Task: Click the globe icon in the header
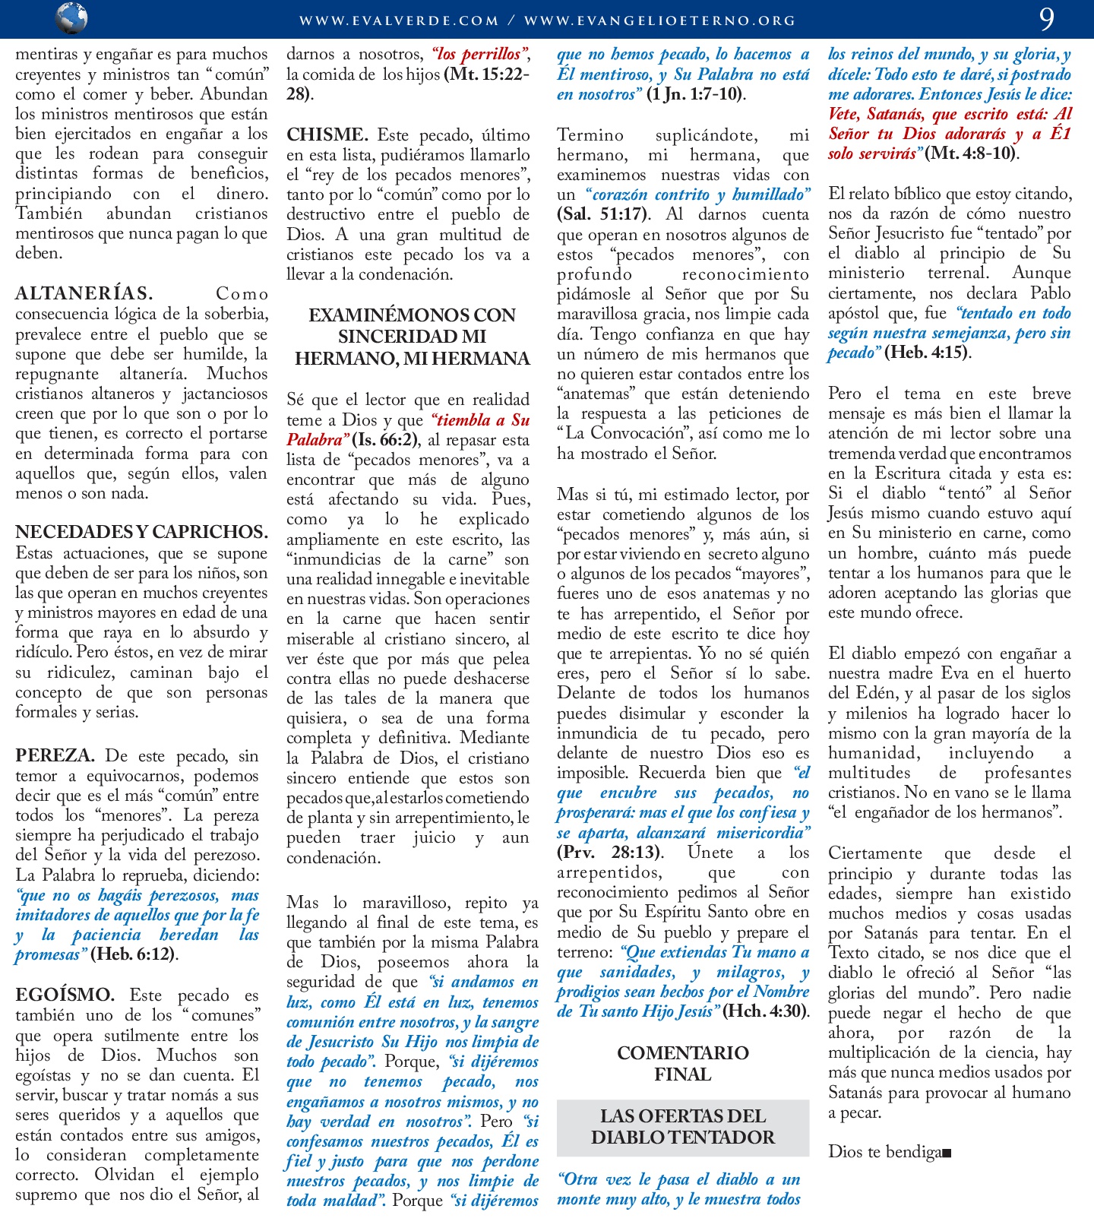point(72,17)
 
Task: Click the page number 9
point(1047,19)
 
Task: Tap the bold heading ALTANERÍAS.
point(84,294)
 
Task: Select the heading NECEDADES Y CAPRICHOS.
point(142,532)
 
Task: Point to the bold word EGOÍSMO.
point(65,995)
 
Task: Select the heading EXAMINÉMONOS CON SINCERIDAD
point(413,337)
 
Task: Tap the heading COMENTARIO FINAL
point(682,1063)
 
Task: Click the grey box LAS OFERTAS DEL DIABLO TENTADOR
point(682,1127)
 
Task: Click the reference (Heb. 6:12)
point(133,954)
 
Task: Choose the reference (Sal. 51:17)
point(602,214)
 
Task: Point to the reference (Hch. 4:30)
point(765,1011)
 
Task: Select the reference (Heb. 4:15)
point(927,353)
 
